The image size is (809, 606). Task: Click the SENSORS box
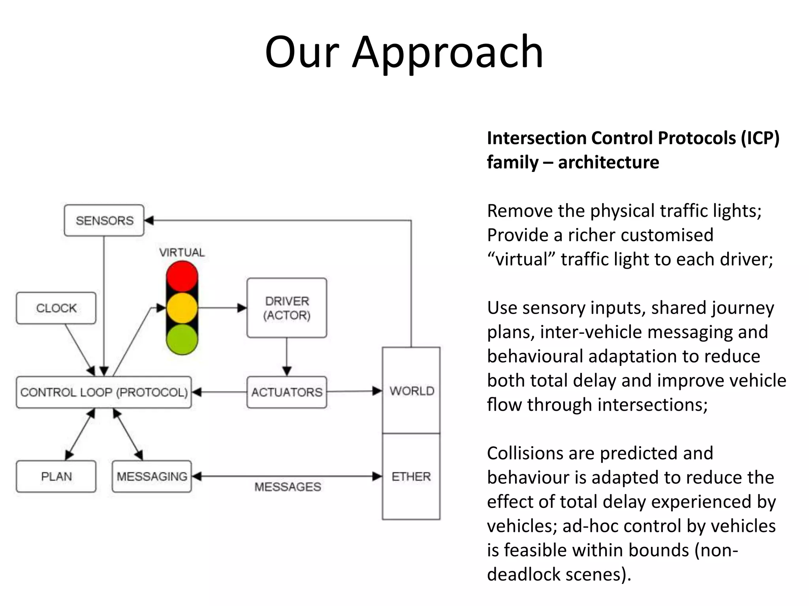104,220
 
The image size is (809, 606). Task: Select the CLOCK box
56,308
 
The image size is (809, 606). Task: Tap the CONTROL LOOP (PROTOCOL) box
104,392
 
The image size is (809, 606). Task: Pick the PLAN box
56,476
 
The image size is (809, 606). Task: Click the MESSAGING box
152,476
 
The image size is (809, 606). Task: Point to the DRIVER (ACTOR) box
287,308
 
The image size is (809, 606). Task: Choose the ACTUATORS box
287,392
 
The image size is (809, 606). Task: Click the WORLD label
412,391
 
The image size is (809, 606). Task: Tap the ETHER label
411,477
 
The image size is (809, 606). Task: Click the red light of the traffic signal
182,276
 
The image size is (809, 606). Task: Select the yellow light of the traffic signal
182,308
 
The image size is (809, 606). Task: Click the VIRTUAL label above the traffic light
182,252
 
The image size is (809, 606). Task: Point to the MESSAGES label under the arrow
288,487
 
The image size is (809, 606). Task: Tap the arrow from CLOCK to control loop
79,349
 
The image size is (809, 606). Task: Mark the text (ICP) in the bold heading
760,138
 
